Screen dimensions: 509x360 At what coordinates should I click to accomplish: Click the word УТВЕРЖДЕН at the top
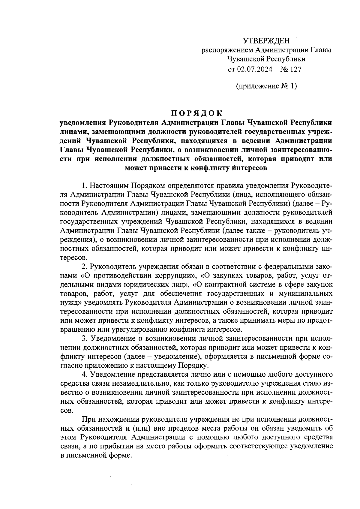pyautogui.click(x=266, y=41)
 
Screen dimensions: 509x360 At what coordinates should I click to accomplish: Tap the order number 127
pyautogui.click(x=295, y=69)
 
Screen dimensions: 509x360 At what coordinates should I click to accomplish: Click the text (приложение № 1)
pyautogui.click(x=266, y=86)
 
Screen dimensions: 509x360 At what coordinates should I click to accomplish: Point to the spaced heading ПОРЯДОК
pyautogui.click(x=197, y=113)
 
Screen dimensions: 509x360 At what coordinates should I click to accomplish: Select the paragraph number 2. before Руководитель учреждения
pyautogui.click(x=84, y=267)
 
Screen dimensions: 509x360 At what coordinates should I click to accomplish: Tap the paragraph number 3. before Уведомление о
pyautogui.click(x=84, y=339)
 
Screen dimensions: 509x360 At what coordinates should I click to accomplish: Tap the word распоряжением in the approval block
pyautogui.click(x=224, y=50)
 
